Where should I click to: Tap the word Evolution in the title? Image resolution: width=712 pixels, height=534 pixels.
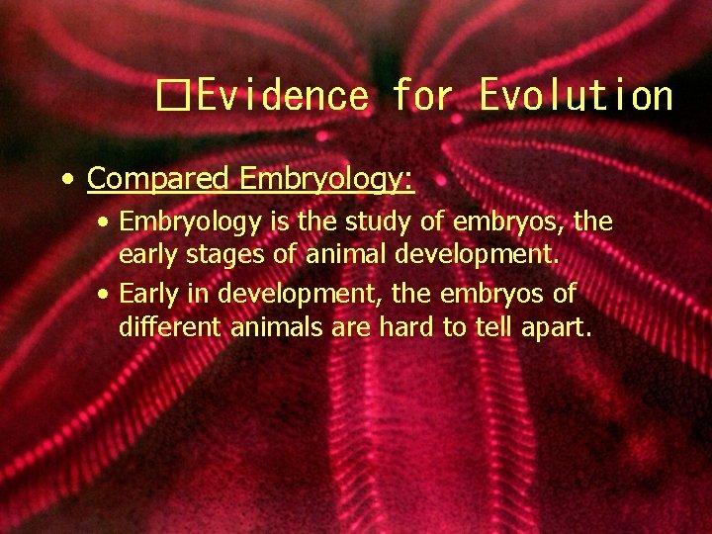[576, 97]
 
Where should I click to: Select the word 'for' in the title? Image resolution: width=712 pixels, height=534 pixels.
[424, 97]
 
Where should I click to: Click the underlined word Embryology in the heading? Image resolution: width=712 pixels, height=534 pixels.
[326, 179]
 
